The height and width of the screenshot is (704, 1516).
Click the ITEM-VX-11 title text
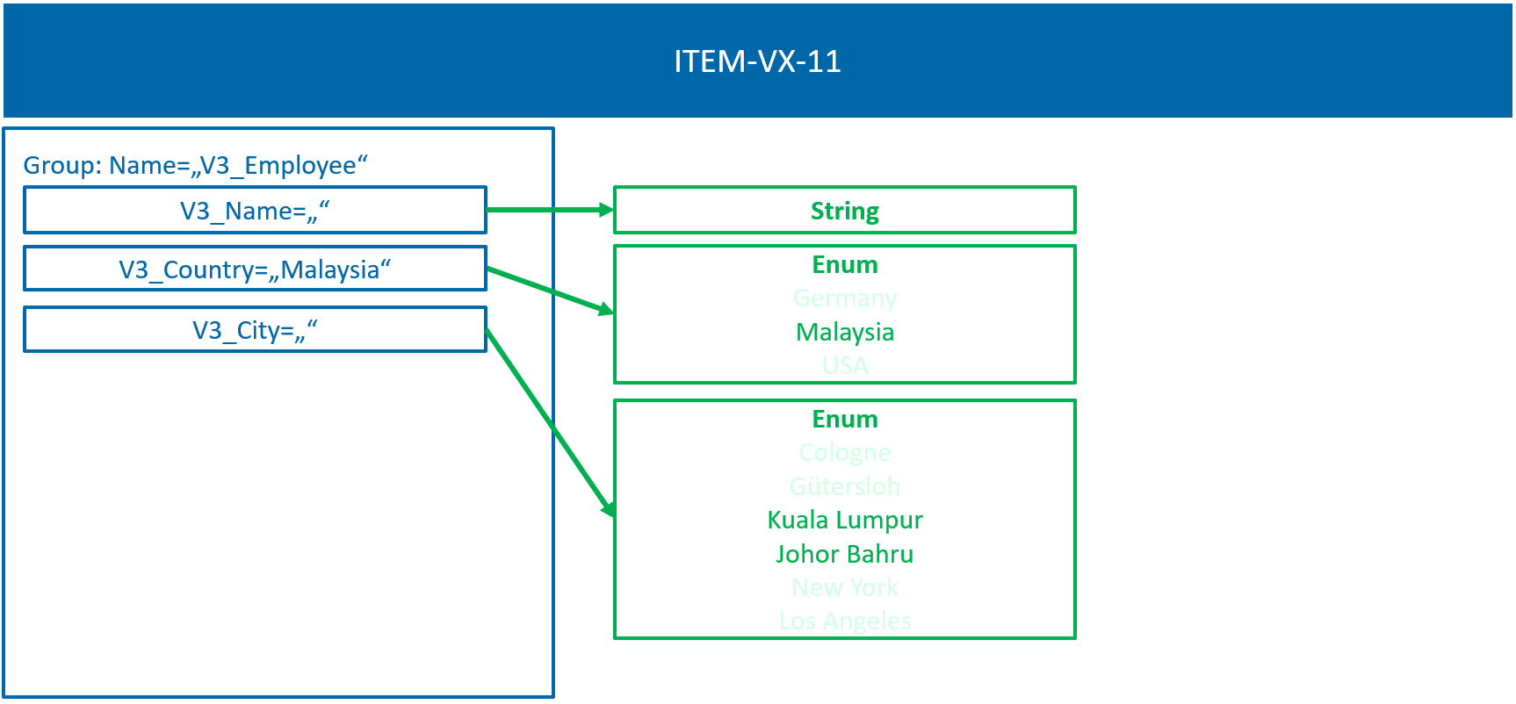pyautogui.click(x=757, y=61)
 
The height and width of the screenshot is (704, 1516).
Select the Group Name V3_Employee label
pyautogui.click(x=195, y=165)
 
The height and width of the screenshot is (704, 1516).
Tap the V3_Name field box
pyautogui.click(x=255, y=211)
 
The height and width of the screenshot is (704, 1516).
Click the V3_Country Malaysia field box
pyautogui.click(x=255, y=269)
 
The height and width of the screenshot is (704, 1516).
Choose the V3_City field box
pyautogui.click(x=255, y=330)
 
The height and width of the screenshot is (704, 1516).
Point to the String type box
pyautogui.click(x=844, y=211)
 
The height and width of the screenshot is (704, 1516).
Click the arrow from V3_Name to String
pyautogui.click(x=550, y=210)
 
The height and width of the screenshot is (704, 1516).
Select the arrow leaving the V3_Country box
pyautogui.click(x=550, y=290)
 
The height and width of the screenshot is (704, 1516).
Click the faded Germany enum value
pyautogui.click(x=844, y=298)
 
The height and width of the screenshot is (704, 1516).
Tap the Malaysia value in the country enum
pyautogui.click(x=844, y=332)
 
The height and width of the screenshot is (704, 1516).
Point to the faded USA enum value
pyautogui.click(x=844, y=365)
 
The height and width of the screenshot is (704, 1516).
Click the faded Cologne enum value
pyautogui.click(x=844, y=453)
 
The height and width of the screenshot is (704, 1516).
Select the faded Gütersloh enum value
pyautogui.click(x=844, y=486)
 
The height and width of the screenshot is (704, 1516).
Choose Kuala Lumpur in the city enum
pyautogui.click(x=844, y=521)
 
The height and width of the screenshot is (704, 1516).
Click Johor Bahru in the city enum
pyautogui.click(x=844, y=554)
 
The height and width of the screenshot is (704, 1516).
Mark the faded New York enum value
pyautogui.click(x=844, y=587)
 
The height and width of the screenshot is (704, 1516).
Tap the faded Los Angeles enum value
pyautogui.click(x=844, y=621)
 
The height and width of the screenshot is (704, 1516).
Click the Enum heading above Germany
pyautogui.click(x=844, y=264)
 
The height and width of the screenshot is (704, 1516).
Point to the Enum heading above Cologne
pyautogui.click(x=844, y=419)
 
